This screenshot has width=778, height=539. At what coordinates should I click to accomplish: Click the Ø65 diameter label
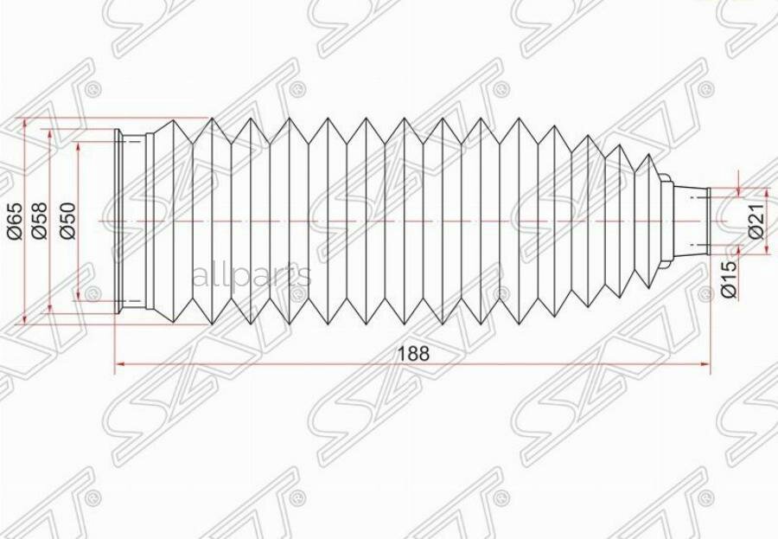pyautogui.click(x=13, y=221)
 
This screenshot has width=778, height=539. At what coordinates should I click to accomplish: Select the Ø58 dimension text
pyautogui.click(x=39, y=221)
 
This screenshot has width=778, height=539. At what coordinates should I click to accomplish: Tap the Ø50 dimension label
pyautogui.click(x=68, y=221)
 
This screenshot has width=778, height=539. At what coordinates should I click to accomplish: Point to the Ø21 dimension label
pyautogui.click(x=755, y=221)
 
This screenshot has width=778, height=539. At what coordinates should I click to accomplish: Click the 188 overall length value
pyautogui.click(x=412, y=353)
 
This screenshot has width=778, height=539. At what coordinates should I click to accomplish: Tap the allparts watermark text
pyautogui.click(x=251, y=276)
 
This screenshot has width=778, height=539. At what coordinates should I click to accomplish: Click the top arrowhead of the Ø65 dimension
pyautogui.click(x=25, y=122)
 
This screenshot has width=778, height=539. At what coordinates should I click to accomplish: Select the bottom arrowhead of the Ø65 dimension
pyautogui.click(x=25, y=319)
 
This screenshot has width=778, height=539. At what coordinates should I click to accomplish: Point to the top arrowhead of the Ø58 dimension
pyautogui.click(x=51, y=135)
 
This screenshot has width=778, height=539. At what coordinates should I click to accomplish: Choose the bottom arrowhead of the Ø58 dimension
pyautogui.click(x=51, y=309)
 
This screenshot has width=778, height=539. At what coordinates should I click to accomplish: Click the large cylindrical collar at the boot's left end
pyautogui.click(x=134, y=221)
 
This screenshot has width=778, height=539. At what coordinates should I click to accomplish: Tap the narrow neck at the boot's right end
pyautogui.click(x=692, y=221)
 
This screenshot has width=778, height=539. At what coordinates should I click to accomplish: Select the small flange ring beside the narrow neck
pyautogui.click(x=666, y=221)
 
